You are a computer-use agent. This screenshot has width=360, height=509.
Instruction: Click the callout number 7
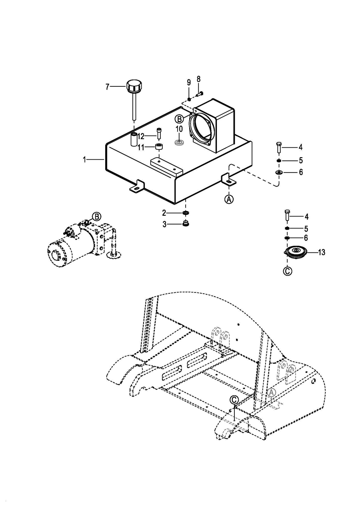pos(108,87)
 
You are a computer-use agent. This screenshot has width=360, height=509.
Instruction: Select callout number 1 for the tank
pos(85,160)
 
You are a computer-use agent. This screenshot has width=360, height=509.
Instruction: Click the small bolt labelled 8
pos(199,93)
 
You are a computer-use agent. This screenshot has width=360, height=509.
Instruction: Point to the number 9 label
pos(189,82)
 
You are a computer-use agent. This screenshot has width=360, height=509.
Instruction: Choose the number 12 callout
pos(141,136)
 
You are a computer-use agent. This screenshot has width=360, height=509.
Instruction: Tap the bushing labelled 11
pos(159,147)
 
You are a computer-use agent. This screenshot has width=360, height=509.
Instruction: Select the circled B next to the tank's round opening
pos(180,119)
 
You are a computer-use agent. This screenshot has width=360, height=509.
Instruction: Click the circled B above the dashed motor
pos(97,216)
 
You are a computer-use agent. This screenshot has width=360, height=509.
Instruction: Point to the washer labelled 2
pos(186,213)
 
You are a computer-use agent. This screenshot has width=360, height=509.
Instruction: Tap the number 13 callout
pos(321,252)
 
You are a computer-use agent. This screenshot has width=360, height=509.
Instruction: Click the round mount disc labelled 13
pos(296,252)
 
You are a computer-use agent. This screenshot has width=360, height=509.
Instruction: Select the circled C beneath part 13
pos(288,271)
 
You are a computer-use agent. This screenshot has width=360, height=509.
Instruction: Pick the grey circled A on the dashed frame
pos(272,393)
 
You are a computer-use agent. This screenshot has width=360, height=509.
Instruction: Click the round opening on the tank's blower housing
pos(201,128)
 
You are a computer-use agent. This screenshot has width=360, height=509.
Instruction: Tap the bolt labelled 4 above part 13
pos(287,215)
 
